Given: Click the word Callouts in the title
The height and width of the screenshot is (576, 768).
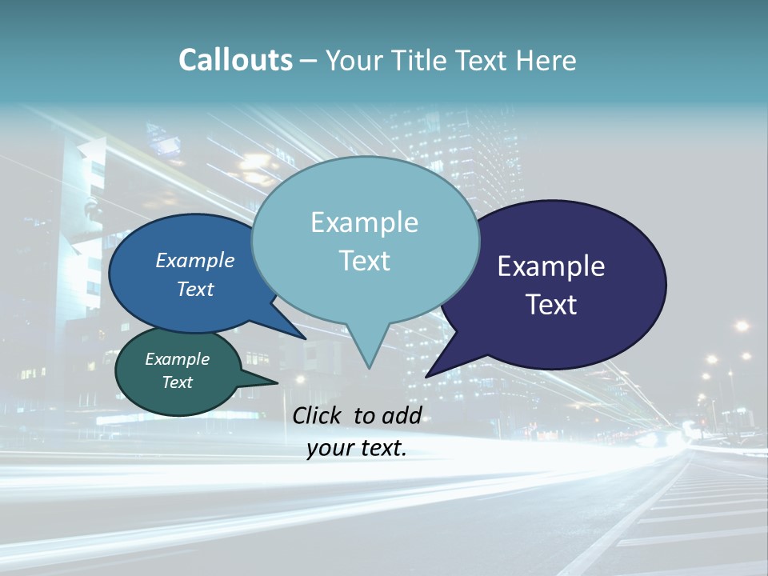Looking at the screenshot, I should [235, 60].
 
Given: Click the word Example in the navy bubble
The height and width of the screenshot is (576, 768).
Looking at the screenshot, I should [551, 266].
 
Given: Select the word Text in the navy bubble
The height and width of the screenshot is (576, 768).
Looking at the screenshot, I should [551, 305].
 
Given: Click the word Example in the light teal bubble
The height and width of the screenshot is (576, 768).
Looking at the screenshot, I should [364, 222].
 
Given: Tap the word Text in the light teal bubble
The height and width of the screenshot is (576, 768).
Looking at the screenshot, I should [364, 261].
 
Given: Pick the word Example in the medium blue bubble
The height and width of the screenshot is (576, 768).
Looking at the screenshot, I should [194, 260].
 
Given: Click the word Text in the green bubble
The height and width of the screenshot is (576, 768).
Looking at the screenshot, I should [177, 382].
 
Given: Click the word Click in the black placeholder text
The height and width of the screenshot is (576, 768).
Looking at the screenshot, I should [318, 415].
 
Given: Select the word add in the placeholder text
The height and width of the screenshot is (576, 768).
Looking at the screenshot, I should [402, 415].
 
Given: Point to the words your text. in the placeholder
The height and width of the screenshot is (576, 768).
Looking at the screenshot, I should [356, 449].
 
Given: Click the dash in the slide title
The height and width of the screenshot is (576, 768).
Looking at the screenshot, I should [310, 61].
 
